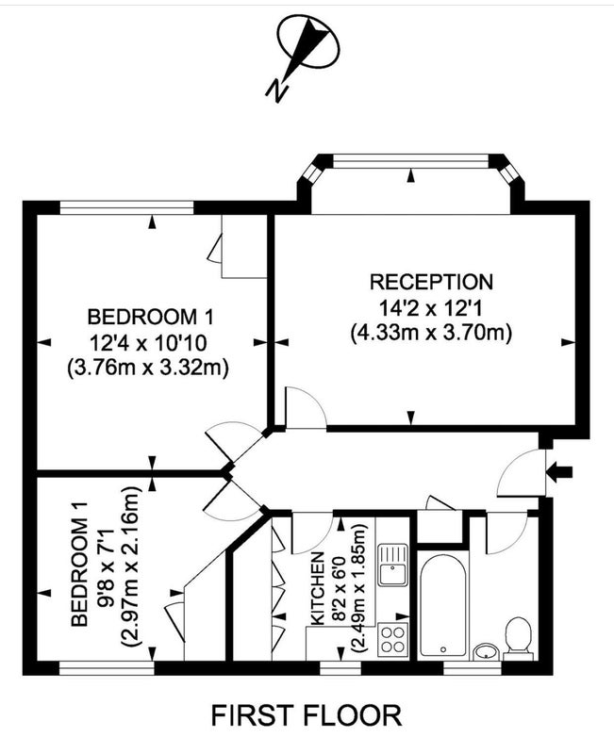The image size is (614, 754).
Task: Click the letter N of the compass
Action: (276, 90)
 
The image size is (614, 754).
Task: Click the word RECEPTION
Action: (431, 282)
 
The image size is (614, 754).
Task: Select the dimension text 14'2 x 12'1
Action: (431, 307)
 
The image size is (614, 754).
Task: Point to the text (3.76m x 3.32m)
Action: (147, 368)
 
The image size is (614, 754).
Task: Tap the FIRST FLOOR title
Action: (307, 715)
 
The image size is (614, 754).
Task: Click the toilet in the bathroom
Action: (518, 639)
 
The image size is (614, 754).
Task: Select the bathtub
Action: (442, 605)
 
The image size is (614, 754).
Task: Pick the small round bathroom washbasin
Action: (487, 651)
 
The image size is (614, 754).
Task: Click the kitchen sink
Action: (392, 565)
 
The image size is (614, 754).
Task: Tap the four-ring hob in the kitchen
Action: (392, 640)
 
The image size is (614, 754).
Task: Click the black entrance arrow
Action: (559, 472)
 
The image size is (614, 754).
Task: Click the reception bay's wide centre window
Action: (410, 160)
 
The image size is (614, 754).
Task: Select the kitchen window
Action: (340, 668)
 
